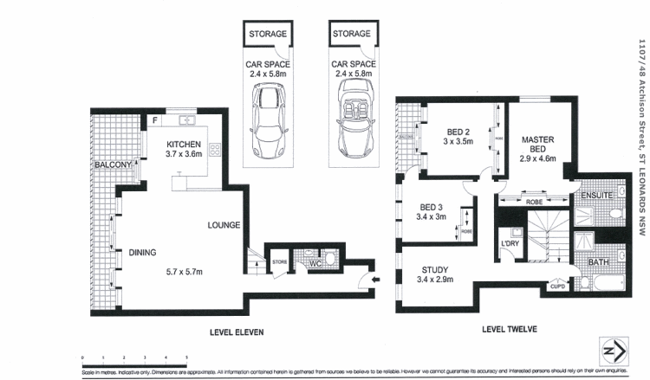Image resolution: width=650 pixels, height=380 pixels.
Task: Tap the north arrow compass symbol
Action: coord(614,352)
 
